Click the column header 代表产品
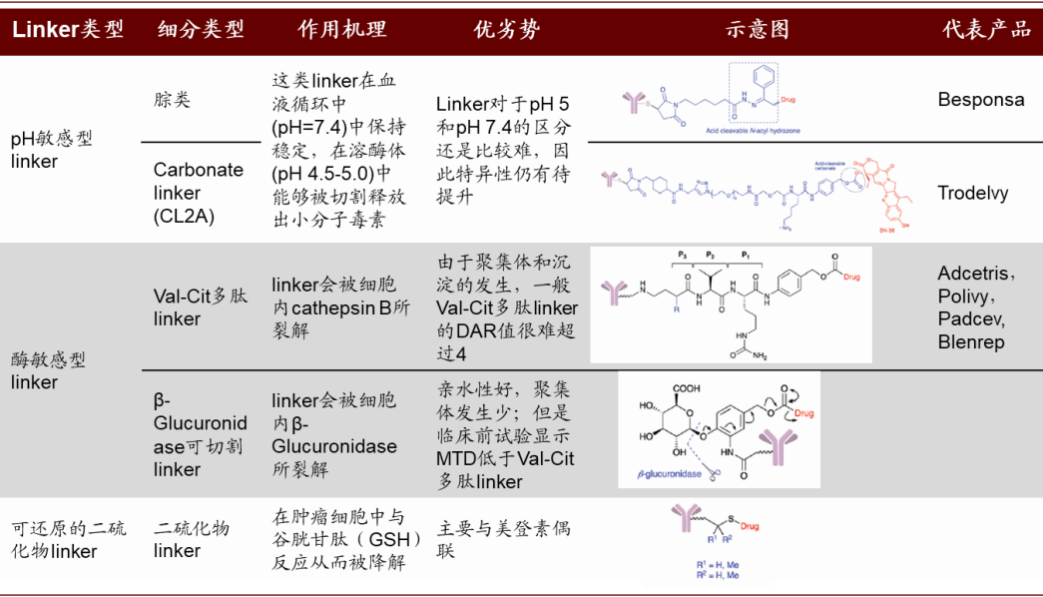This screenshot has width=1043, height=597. click(x=986, y=29)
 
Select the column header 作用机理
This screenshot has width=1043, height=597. click(x=341, y=29)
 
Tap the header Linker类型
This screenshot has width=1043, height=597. click(x=68, y=29)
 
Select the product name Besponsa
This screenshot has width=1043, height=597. click(x=981, y=100)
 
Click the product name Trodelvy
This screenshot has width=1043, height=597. click(x=973, y=193)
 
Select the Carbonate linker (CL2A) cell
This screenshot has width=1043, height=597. click(x=198, y=193)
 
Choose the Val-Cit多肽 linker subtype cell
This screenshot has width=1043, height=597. click(x=200, y=306)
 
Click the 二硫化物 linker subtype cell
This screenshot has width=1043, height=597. click(x=192, y=539)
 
